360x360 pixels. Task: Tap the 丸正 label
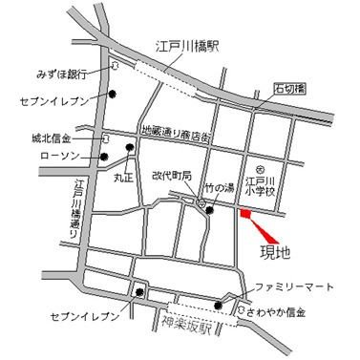coord(122,177)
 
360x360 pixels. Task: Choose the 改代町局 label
coord(172,177)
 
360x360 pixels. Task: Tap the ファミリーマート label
coord(293,286)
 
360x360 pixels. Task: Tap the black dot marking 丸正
coord(130,147)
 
